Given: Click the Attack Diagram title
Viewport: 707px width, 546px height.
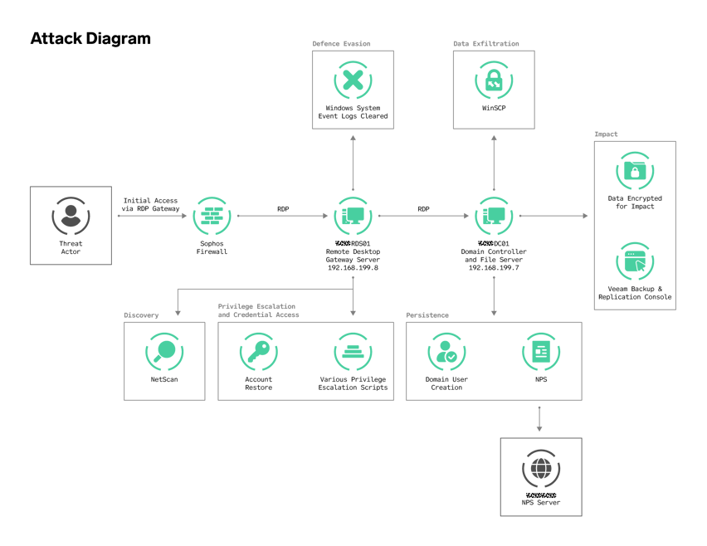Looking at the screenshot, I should (90, 39).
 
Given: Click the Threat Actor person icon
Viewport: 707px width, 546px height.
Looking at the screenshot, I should (71, 216).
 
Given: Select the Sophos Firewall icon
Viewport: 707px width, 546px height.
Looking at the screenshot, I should (212, 216).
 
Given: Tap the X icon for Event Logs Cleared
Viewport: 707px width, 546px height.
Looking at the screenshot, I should (353, 80).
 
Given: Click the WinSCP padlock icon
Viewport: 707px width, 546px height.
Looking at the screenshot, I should (494, 80).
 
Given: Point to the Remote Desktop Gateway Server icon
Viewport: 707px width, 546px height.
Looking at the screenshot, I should (353, 216).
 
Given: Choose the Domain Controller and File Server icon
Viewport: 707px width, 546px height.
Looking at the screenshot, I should (494, 216).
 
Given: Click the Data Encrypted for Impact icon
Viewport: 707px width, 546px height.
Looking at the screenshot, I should (635, 171).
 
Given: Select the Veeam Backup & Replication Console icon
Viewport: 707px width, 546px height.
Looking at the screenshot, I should (635, 261).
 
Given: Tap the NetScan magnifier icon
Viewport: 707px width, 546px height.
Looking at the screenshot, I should (164, 351).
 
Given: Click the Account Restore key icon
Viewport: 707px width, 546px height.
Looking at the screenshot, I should (258, 351).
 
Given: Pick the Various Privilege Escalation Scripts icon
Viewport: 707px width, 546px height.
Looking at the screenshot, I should (353, 351).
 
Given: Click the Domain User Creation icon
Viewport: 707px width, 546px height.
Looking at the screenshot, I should (446, 351).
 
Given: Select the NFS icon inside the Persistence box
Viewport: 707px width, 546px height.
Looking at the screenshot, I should (540, 351).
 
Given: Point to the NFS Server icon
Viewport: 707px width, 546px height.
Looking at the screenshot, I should (540, 469).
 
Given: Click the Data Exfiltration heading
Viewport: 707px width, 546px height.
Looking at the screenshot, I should (485, 43).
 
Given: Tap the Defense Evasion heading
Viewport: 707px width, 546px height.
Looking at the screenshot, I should (341, 43).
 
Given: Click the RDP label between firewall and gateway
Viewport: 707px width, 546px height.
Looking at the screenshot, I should (283, 209).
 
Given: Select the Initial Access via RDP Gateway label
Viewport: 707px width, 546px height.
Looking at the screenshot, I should (151, 204).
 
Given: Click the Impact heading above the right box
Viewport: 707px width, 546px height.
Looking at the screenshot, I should (606, 134).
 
